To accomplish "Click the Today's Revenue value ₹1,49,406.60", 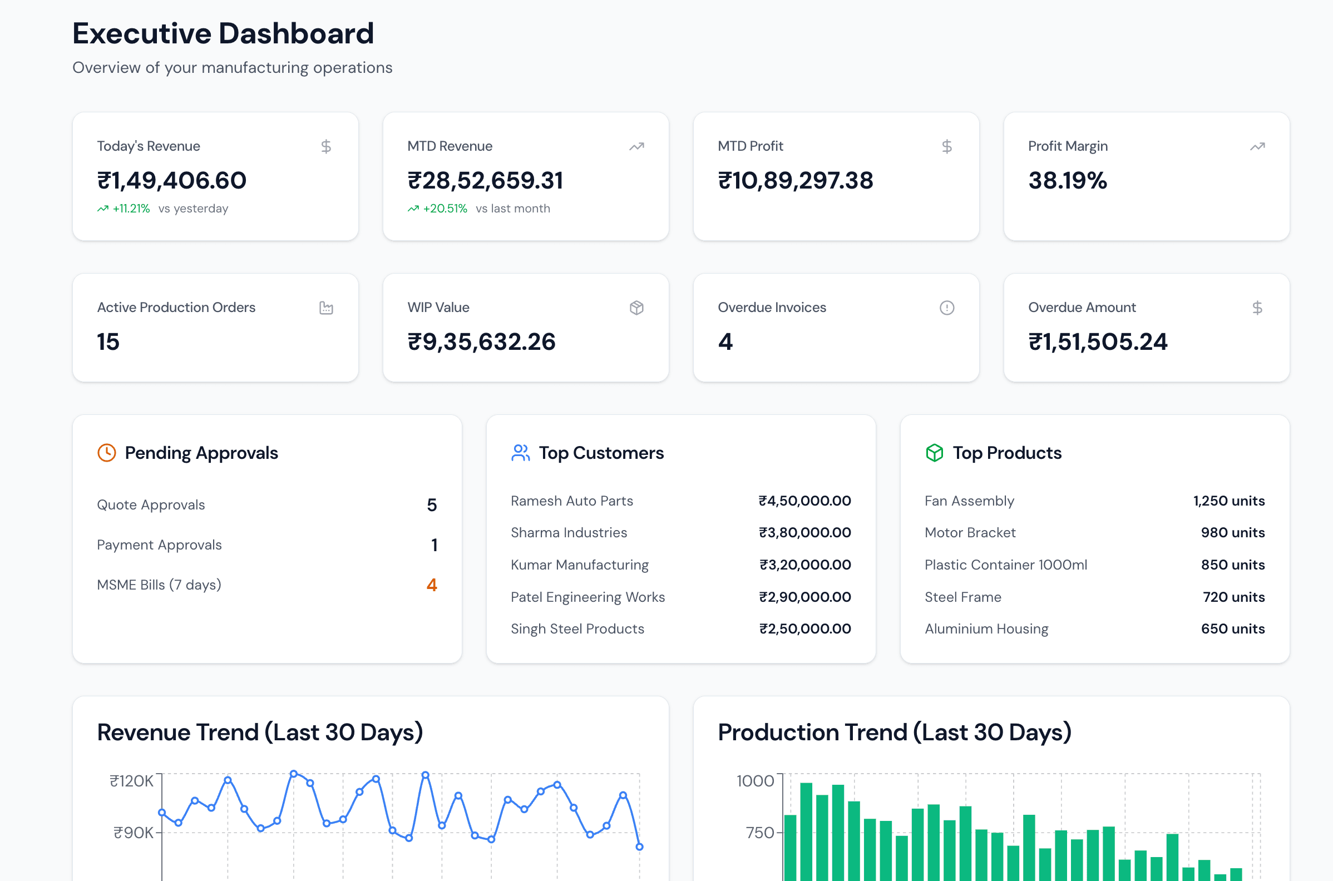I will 171,180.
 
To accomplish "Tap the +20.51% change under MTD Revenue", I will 445,209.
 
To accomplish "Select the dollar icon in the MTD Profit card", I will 946,147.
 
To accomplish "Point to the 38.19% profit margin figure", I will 1067,180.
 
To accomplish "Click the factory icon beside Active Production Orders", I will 326,308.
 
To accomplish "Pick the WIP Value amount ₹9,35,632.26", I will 481,341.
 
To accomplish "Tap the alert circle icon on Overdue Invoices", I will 946,308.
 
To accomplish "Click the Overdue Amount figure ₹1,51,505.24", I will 1098,341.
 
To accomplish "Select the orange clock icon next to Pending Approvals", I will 107,453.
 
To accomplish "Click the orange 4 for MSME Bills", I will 431,585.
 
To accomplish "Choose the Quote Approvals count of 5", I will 431,505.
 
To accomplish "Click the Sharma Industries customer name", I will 569,533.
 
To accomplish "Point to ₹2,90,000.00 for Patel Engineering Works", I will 804,597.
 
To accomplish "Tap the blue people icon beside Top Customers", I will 520,453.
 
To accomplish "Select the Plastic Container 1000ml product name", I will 1005,565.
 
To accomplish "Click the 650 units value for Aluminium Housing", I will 1232,628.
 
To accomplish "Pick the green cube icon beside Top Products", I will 934,453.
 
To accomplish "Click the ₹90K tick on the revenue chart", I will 133,833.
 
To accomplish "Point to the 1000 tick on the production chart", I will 755,781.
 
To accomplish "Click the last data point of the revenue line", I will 639,847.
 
